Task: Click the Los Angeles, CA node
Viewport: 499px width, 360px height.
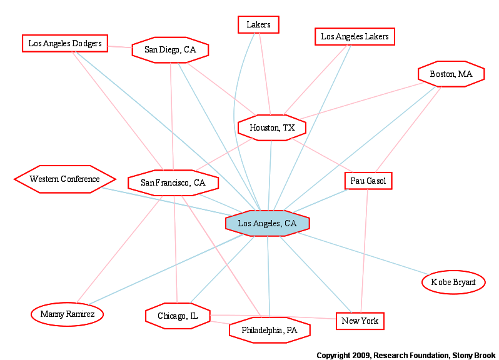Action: click(268, 223)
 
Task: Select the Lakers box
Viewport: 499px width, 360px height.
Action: click(258, 24)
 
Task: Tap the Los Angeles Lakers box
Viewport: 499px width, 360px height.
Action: click(355, 37)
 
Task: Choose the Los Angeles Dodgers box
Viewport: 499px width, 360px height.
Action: click(65, 43)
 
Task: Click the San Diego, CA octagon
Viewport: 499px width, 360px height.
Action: click(170, 50)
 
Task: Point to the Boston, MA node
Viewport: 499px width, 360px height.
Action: click(451, 74)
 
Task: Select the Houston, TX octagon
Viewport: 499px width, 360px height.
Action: click(272, 128)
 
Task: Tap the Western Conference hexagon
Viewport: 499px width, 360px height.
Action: click(65, 179)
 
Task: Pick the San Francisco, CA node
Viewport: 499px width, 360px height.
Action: click(173, 183)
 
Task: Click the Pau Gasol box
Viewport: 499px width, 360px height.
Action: click(368, 181)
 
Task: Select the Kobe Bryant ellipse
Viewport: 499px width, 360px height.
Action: click(453, 282)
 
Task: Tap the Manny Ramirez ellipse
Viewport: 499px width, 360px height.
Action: click(67, 314)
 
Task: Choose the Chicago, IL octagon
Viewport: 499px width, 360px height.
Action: click(178, 316)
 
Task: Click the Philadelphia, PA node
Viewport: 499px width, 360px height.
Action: click(270, 330)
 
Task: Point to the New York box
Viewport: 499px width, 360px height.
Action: click(360, 321)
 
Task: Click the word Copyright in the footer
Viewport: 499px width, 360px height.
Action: click(333, 355)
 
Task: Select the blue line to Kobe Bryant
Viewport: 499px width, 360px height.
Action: click(363, 254)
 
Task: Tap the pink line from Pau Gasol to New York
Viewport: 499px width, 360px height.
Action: click(365, 251)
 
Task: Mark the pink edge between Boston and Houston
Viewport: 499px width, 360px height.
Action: click(361, 101)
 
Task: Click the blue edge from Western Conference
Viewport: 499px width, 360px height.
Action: click(167, 202)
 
